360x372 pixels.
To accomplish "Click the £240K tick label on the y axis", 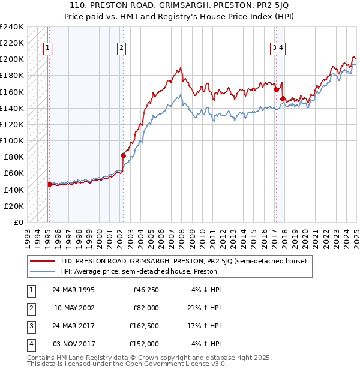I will coord(12,27).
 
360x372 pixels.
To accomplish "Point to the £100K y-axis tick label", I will coord(12,140).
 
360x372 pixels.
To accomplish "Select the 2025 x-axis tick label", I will coord(356,233).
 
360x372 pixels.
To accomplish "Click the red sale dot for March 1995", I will coord(49,185).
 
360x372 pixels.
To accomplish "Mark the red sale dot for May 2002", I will coord(124,155).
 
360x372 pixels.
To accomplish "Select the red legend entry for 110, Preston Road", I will coord(183,261).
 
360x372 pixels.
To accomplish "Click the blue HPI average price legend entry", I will coord(138,271).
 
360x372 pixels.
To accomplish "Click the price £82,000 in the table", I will coord(146,308).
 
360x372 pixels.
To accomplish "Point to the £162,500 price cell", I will coord(144,326).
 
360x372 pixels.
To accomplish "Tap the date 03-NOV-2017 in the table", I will coord(73,344).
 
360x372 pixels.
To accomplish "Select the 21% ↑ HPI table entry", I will coord(205,308).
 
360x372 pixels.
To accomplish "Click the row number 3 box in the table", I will coord(29,326).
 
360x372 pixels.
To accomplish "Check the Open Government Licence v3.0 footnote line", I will coord(127,364).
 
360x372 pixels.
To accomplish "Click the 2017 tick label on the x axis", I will coord(274,233).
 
